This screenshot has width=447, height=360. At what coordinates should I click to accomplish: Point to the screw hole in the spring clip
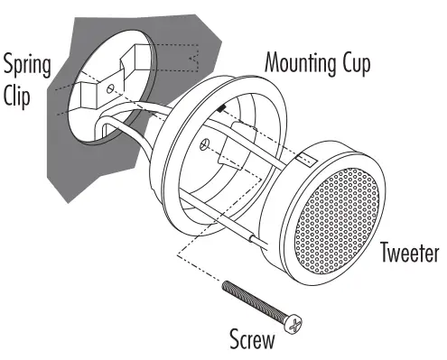[x=108, y=90]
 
